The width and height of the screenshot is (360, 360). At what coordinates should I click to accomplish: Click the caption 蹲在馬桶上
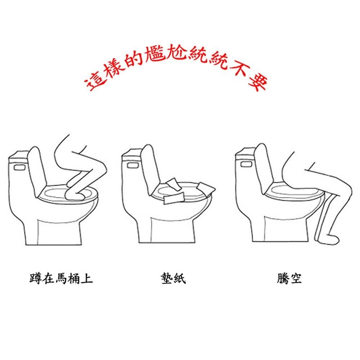coord(61,278)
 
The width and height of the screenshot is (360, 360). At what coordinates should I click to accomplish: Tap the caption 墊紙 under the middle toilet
coord(174,278)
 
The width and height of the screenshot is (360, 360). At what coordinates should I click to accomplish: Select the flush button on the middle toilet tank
coord(132,166)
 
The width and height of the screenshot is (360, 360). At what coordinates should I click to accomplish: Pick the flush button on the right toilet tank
coord(246,165)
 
